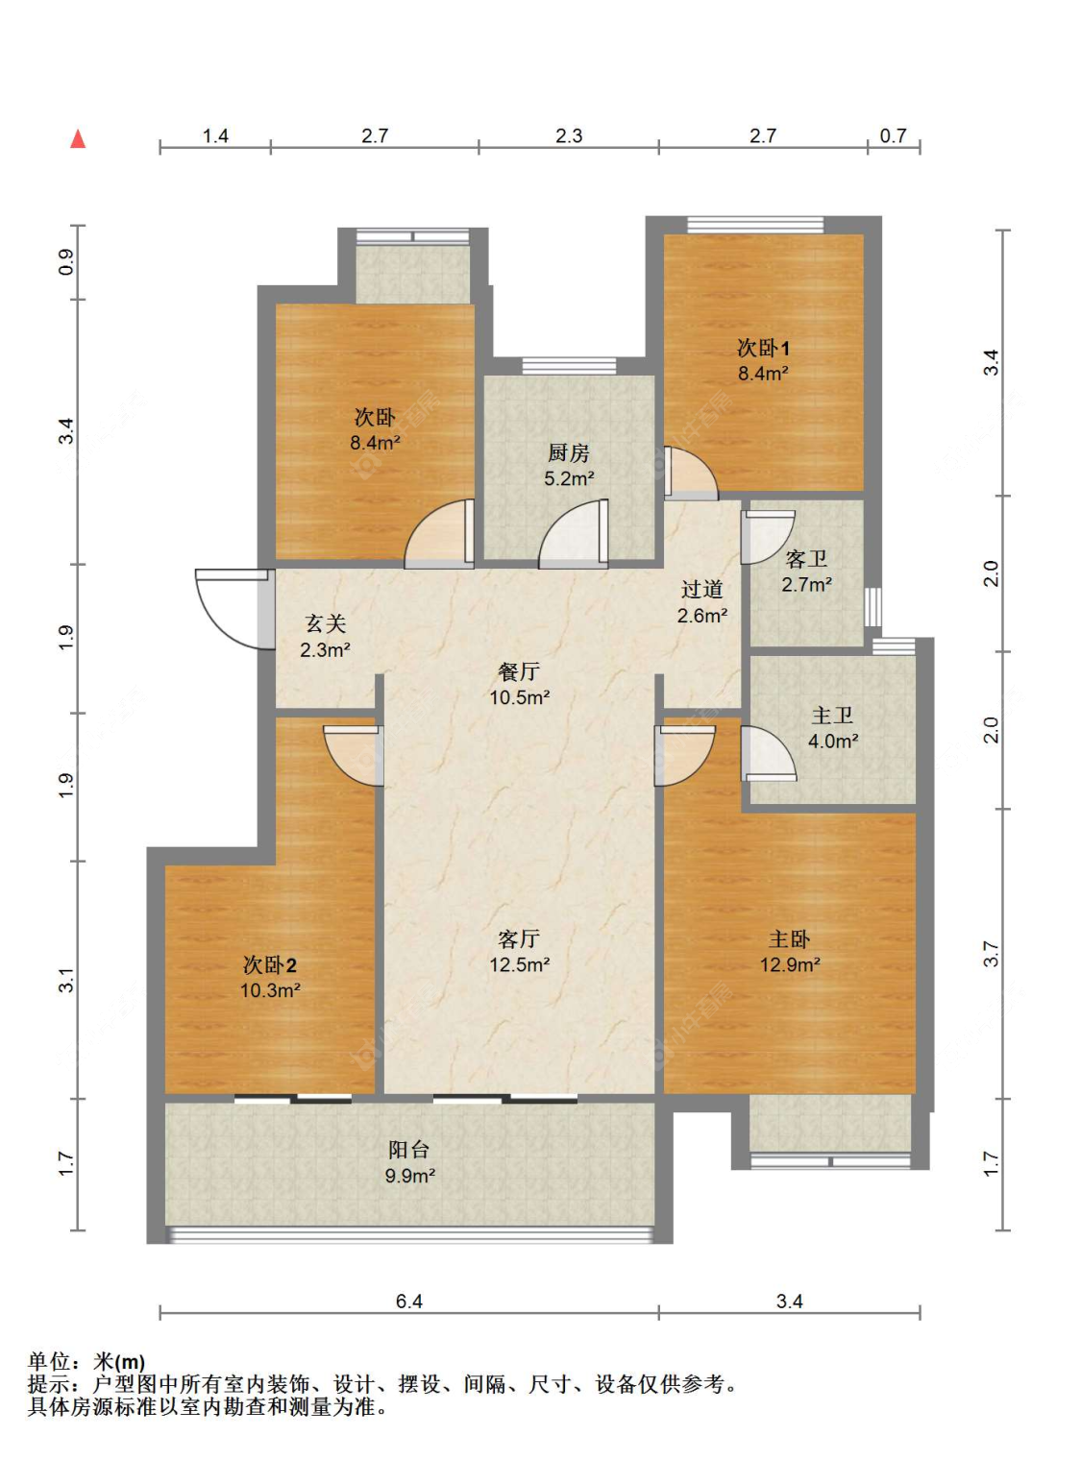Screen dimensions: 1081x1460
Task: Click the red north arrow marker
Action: (x=79, y=139)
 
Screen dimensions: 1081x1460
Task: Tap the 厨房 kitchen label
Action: (x=569, y=453)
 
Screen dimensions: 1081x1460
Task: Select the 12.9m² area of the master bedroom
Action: (x=790, y=965)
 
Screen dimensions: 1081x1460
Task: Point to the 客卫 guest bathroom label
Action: (x=806, y=560)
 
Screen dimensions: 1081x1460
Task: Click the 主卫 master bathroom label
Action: (x=832, y=716)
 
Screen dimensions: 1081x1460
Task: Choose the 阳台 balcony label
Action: (x=409, y=1150)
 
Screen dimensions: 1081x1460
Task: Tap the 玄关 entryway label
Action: (x=325, y=623)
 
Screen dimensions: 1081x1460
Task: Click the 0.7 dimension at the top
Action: (x=893, y=135)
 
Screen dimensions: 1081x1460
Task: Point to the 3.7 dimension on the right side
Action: (x=992, y=954)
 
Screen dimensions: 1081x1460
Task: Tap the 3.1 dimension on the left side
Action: (x=67, y=979)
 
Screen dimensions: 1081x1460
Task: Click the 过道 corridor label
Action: (x=701, y=589)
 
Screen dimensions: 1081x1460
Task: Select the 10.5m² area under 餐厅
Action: (x=520, y=697)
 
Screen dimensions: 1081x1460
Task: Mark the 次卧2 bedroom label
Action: (x=270, y=965)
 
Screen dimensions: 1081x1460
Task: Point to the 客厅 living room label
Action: (x=519, y=938)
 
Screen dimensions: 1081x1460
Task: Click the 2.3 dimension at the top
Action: (x=569, y=135)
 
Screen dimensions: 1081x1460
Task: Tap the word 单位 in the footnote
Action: (x=49, y=1361)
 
